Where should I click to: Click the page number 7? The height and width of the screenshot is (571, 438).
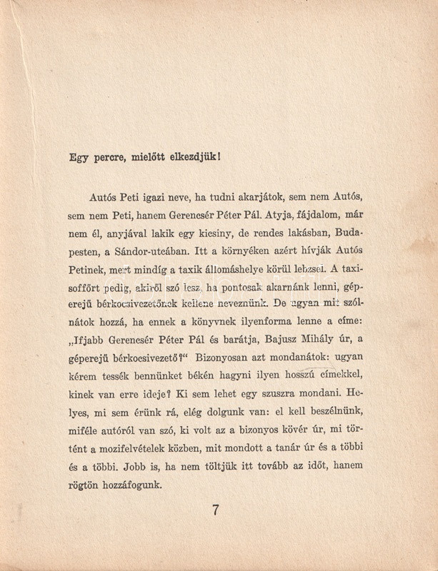[215, 510]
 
